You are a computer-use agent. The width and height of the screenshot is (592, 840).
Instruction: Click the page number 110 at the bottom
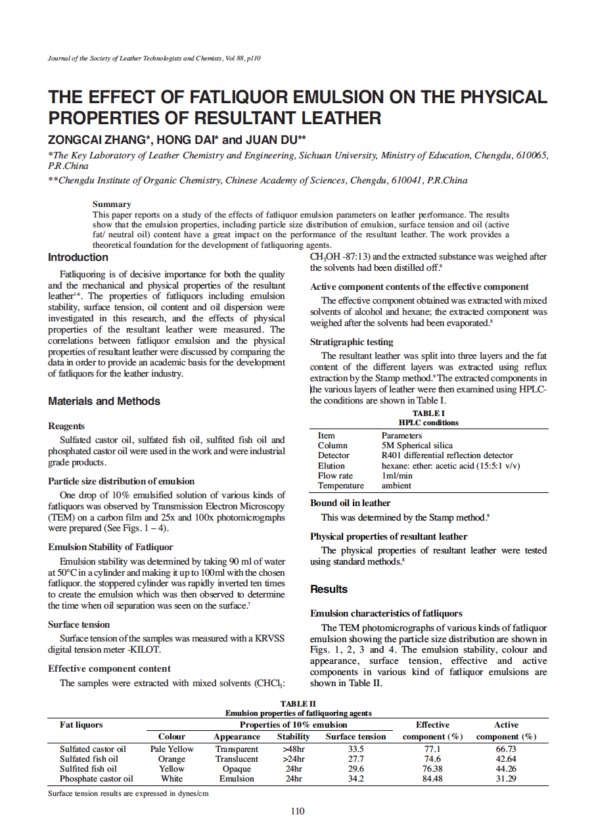[297, 811]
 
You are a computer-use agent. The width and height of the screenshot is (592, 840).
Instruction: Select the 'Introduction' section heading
[78, 257]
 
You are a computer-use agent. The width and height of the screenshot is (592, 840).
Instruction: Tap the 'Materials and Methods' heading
[104, 401]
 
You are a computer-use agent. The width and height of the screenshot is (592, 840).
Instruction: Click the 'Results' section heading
[329, 589]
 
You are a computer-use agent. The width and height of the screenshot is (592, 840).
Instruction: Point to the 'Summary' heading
[112, 204]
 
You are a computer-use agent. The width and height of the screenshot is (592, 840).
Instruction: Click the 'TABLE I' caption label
[428, 413]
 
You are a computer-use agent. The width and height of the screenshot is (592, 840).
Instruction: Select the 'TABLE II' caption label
[298, 704]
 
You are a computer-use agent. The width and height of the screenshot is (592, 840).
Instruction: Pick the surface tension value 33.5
[355, 749]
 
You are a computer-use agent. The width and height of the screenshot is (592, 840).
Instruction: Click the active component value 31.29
[506, 779]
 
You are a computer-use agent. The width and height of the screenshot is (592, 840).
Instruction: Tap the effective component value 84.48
[432, 779]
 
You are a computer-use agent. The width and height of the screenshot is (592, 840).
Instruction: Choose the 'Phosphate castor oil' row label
[96, 779]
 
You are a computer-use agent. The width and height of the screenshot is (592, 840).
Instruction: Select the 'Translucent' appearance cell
[237, 758]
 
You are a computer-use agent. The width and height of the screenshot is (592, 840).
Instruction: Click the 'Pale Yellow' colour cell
[171, 749]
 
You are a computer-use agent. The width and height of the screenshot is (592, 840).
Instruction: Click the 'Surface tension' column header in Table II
[355, 737]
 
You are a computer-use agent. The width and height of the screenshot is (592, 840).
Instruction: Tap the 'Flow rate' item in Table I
[335, 475]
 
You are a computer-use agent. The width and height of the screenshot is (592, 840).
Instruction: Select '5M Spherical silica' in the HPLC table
[417, 445]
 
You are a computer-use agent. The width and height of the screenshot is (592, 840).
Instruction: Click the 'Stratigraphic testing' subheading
[352, 342]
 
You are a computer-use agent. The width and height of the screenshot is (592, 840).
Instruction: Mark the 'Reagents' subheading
[66, 426]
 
